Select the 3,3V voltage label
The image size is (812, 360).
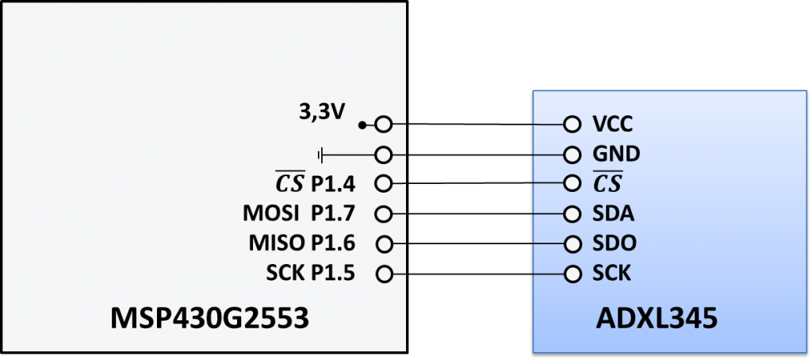coord(321,113)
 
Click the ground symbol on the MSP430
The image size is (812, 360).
coord(321,154)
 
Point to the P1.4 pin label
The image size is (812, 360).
coord(333,184)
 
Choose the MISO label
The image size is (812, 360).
coord(274,243)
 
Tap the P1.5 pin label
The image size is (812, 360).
coord(333,274)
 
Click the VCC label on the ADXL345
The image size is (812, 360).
coord(613,124)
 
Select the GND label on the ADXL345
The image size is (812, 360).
coord(616,154)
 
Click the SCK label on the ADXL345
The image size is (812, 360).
coord(612,274)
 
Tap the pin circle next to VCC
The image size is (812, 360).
coord(571,124)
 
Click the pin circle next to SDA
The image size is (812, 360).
coord(571,214)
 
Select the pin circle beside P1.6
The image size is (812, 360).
coord(385,243)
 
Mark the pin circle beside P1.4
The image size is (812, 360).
coord(385,184)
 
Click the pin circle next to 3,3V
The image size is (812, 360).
coord(385,124)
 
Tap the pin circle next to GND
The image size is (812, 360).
coord(571,154)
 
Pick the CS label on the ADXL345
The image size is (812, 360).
coord(607,183)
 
